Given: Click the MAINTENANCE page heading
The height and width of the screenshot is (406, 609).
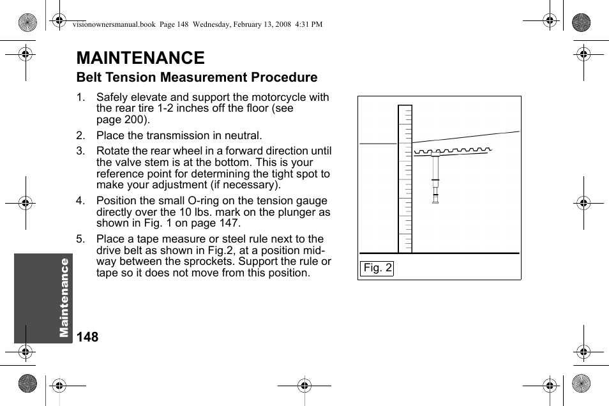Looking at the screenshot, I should point(140,58).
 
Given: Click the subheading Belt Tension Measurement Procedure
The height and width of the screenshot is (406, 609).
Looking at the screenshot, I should point(197,77).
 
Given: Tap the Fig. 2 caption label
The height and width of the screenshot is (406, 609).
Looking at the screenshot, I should point(377,268).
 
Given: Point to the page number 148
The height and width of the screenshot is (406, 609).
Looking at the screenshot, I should point(87,337).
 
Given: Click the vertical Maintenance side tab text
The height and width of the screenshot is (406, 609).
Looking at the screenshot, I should point(64,297).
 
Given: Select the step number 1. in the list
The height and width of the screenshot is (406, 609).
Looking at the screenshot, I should point(80,98).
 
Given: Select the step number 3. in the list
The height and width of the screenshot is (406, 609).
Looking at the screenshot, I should point(80,151).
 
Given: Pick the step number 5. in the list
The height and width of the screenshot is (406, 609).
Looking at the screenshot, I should point(80,239).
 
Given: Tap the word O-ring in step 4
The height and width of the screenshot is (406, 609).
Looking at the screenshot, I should point(212,200).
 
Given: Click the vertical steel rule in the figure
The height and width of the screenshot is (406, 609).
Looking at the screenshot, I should point(405,179).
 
